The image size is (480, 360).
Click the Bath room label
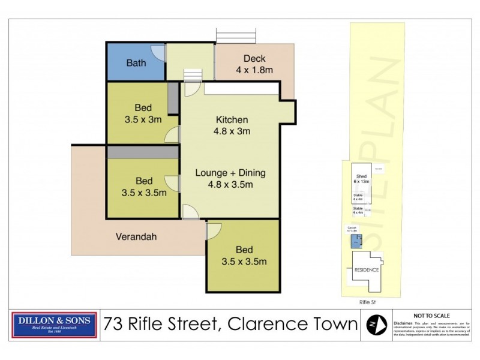tap(136, 63)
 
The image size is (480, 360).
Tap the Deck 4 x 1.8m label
tap(254, 64)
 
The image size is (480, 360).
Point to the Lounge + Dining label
tap(230, 173)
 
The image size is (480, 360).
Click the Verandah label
tap(136, 237)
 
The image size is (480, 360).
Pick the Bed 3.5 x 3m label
tap(142, 113)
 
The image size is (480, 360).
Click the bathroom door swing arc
tap(158, 53)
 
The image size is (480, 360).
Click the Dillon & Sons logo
tap(54, 325)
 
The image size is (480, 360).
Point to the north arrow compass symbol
tap(376, 325)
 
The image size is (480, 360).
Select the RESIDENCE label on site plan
tap(365, 269)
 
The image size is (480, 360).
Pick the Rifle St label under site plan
tap(365, 304)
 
